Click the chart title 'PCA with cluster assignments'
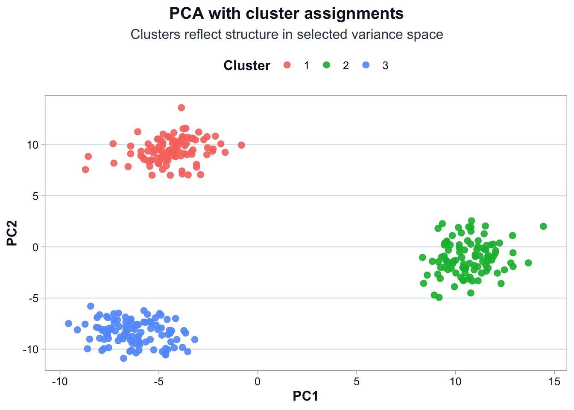(287, 14)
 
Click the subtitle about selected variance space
(287, 34)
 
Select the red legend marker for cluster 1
(287, 65)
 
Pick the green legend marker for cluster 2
(327, 65)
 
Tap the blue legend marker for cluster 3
(366, 65)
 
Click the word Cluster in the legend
(247, 65)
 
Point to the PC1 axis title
(305, 396)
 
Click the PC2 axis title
(12, 233)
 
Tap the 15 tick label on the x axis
(554, 381)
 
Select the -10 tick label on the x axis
(59, 381)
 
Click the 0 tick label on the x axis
(258, 381)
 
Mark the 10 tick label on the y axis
(33, 145)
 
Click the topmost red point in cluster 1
(182, 108)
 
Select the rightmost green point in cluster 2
(543, 226)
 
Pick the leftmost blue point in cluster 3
(68, 323)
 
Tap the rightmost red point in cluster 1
(241, 145)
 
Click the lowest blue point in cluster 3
(123, 358)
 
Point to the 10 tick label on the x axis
(455, 381)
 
